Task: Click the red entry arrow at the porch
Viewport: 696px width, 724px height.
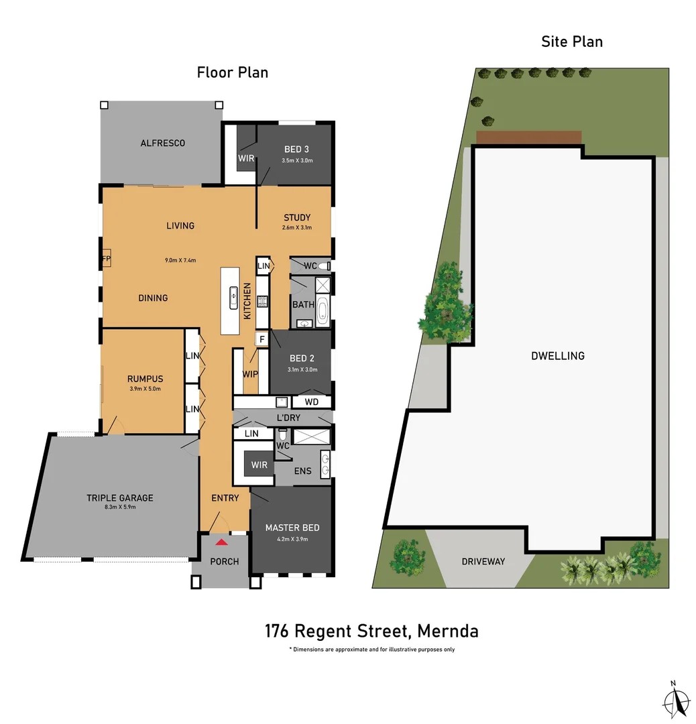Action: point(221,541)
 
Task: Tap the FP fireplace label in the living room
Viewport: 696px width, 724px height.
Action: point(106,259)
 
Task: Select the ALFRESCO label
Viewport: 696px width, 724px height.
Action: point(162,143)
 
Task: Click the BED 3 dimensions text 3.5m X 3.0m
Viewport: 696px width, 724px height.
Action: point(297,161)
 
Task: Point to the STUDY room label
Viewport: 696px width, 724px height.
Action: point(297,217)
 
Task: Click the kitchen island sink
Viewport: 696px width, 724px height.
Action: point(233,296)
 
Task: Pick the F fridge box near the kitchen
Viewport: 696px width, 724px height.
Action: point(262,339)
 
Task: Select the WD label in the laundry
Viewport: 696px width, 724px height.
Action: point(312,402)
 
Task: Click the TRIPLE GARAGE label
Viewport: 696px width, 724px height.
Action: point(119,497)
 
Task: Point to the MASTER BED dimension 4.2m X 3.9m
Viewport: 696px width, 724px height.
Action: point(292,539)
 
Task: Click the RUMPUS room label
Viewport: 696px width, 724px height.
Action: point(145,378)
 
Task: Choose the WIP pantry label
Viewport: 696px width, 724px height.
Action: point(251,373)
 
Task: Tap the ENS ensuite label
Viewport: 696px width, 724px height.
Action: point(302,471)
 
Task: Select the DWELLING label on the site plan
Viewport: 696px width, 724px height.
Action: point(557,356)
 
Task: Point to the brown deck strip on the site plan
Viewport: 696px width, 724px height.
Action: point(528,137)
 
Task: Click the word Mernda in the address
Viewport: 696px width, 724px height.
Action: point(447,631)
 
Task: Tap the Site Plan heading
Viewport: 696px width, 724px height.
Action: point(571,42)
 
